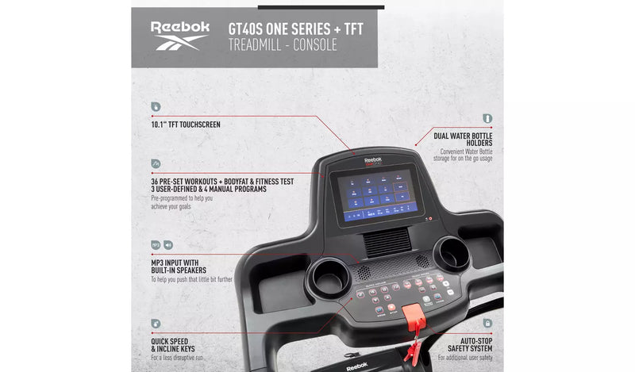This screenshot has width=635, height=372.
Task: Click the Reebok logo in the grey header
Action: click(180, 36)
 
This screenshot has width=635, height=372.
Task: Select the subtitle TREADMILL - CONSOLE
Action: click(282, 45)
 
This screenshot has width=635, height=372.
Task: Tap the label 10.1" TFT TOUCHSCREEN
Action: click(186, 125)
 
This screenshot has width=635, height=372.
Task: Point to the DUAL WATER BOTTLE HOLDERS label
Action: click(463, 140)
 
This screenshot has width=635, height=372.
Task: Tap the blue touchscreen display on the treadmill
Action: click(377, 194)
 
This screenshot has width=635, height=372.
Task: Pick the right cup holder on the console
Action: click(452, 251)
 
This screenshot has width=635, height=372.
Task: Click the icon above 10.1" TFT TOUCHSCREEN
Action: click(156, 106)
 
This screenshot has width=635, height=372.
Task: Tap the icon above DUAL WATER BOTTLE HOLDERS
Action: click(487, 118)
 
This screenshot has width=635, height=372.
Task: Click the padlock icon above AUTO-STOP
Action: click(487, 323)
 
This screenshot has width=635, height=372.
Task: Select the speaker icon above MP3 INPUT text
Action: click(169, 245)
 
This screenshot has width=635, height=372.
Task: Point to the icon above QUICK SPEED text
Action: click(156, 323)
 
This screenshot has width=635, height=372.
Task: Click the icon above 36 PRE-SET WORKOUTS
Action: click(156, 163)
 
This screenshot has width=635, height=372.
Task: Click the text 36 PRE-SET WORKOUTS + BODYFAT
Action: click(222, 182)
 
